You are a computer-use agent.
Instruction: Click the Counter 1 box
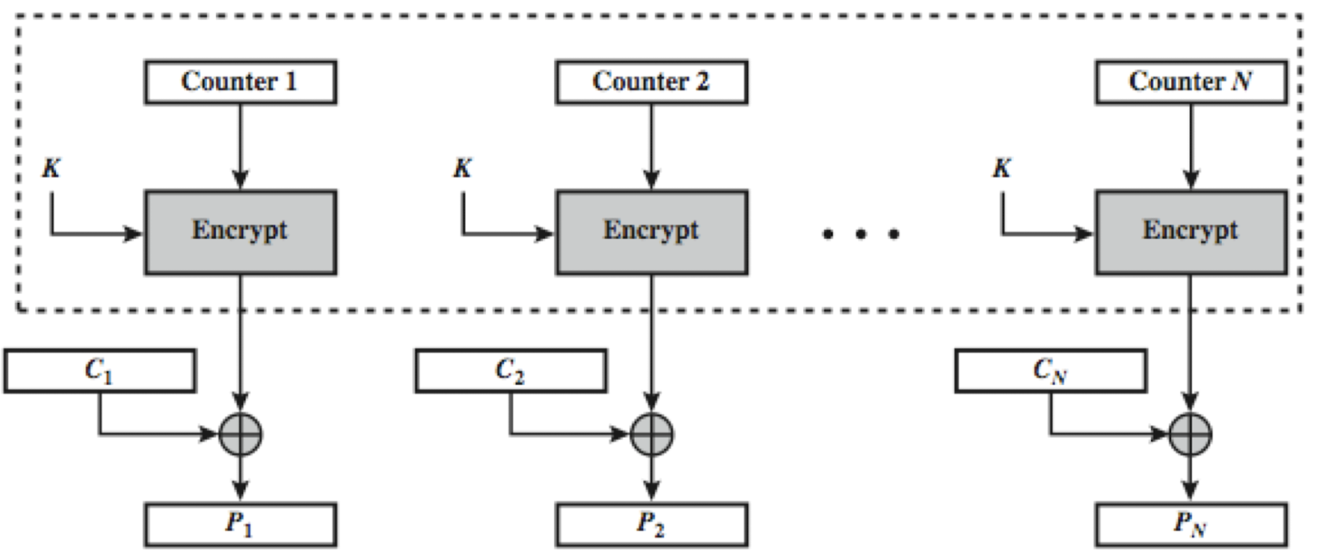coord(240,81)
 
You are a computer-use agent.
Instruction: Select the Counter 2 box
coord(651,81)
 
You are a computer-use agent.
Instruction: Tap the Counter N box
coord(1191,81)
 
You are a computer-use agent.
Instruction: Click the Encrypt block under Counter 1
coord(240,232)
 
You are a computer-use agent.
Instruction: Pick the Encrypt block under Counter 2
coord(651,232)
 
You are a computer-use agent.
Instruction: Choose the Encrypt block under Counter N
coord(1191,232)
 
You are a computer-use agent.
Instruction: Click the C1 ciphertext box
coord(99,371)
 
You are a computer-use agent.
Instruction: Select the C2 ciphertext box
coord(511,371)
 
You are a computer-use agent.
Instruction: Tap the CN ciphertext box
coord(1050,371)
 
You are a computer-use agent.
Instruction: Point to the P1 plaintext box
coord(240,524)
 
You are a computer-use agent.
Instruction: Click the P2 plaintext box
coord(651,524)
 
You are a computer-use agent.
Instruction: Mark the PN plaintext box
coord(1191,524)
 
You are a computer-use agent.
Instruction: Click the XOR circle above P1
coord(240,434)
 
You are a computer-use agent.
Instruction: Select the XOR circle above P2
coord(651,434)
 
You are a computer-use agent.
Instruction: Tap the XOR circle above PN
coord(1191,434)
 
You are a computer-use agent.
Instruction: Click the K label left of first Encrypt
coord(52,168)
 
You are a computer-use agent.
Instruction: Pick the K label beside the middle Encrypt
coord(463,168)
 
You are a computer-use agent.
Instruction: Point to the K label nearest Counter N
coord(1002,168)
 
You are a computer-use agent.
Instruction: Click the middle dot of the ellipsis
coord(860,234)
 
